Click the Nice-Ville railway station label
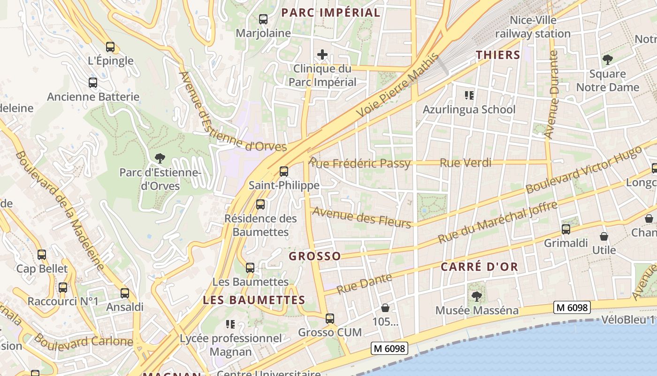click(533, 27)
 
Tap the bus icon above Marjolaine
click(263, 19)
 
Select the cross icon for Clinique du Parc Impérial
click(322, 55)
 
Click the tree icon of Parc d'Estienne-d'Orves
click(160, 158)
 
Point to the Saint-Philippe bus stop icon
click(284, 172)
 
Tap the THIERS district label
click(498, 55)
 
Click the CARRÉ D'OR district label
click(479, 267)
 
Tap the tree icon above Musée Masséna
click(476, 297)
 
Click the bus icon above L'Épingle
click(110, 47)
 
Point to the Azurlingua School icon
click(469, 96)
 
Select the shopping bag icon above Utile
click(604, 236)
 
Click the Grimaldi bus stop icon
click(566, 229)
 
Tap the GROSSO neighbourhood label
click(315, 256)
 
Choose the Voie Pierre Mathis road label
click(398, 85)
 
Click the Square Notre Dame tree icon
click(608, 60)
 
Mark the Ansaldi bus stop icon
click(125, 293)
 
